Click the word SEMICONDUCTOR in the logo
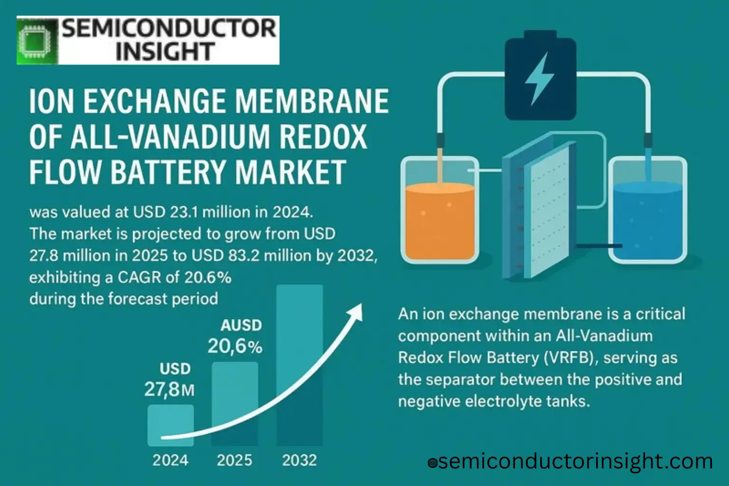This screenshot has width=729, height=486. pyautogui.click(x=168, y=28)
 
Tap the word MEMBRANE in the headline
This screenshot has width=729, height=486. pyautogui.click(x=312, y=102)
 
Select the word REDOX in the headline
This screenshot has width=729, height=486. pyautogui.click(x=323, y=137)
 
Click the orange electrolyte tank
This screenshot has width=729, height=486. pyautogui.click(x=440, y=221)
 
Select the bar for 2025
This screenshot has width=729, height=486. pyautogui.click(x=235, y=403)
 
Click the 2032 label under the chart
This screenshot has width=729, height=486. pyautogui.click(x=299, y=460)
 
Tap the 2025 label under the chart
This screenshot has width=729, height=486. pyautogui.click(x=234, y=460)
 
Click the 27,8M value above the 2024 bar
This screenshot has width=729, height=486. pyautogui.click(x=169, y=390)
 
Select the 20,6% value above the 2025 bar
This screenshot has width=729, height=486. pyautogui.click(x=235, y=346)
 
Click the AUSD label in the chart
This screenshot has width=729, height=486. pyautogui.click(x=241, y=325)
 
